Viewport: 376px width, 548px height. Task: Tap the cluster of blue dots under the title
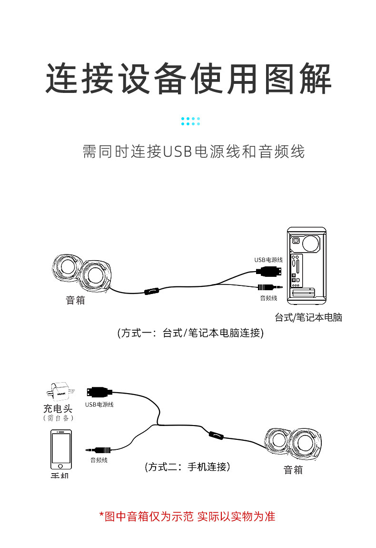tap(190, 121)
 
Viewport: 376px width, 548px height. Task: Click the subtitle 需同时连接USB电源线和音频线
tap(193, 152)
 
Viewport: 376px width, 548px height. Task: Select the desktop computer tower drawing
tap(307, 265)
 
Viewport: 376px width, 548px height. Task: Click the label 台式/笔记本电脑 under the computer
tap(308, 317)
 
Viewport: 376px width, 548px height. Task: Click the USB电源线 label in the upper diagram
tap(268, 260)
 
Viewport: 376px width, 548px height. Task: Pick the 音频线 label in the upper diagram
tap(268, 298)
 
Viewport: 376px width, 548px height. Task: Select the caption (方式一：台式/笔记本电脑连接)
tap(190, 333)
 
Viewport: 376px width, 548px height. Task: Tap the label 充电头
tap(58, 408)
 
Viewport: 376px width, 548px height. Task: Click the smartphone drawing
tap(61, 450)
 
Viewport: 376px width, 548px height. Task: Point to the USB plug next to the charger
tap(99, 393)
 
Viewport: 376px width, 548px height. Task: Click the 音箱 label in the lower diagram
tap(293, 470)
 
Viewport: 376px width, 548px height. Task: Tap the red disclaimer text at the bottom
tap(188, 516)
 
